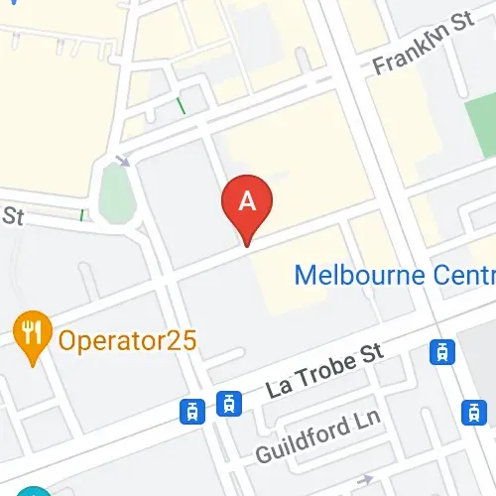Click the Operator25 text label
coord(127,340)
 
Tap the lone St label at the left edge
coord(11,215)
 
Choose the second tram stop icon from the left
coord(229,402)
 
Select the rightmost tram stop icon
coord(475,412)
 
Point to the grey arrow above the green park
coord(123,160)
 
